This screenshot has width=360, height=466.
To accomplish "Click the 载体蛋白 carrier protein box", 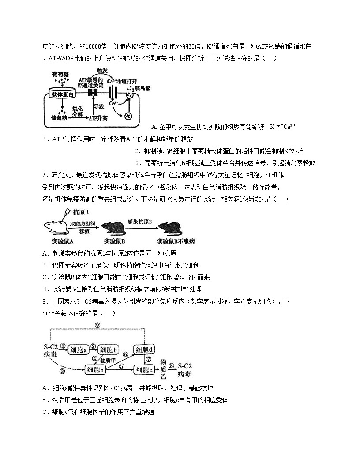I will click(63, 94).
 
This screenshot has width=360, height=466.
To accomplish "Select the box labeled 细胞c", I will click(96, 370).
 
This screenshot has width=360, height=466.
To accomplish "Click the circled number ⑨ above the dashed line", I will click(97, 325).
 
